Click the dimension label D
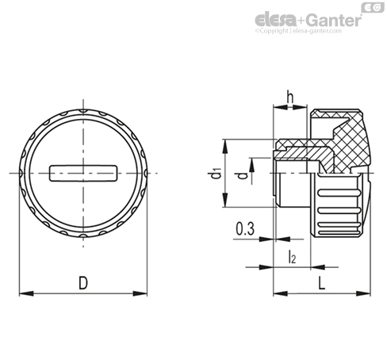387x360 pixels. [x=83, y=282]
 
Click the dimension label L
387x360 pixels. [x=321, y=282]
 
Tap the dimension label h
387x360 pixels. [x=290, y=97]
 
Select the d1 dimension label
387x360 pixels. [x=216, y=174]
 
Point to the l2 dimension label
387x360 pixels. [x=292, y=256]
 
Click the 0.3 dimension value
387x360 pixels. [x=245, y=229]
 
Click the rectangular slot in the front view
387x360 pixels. [x=83, y=174]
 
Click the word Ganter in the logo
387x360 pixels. [x=334, y=20]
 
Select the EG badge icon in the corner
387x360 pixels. [x=373, y=8]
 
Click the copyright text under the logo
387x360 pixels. [x=298, y=31]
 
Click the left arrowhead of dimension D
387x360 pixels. [x=26, y=293]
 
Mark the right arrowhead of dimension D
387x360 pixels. [x=140, y=293]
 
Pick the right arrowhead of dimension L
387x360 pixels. [x=363, y=293]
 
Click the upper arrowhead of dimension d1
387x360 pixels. [x=225, y=146]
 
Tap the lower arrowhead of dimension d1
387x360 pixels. [x=225, y=200]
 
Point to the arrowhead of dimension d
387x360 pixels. [x=252, y=165]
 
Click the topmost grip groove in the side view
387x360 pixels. [x=339, y=193]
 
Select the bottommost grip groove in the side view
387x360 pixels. [x=339, y=233]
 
